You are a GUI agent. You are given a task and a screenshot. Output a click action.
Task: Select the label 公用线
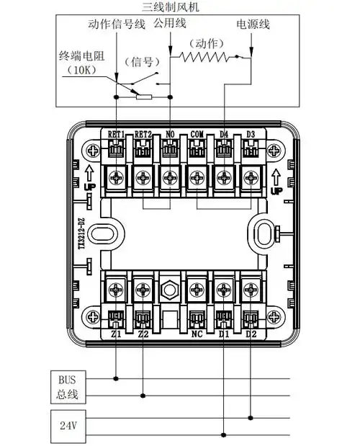click(170, 25)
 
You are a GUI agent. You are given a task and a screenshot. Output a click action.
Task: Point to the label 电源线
click(253, 25)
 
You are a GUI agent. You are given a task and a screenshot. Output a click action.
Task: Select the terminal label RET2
click(143, 134)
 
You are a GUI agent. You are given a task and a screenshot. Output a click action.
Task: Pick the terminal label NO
click(170, 134)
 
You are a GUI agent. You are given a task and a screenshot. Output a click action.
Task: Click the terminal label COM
click(197, 134)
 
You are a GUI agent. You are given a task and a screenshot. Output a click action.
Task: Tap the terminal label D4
click(224, 134)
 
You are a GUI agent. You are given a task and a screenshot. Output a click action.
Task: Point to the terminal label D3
click(251, 134)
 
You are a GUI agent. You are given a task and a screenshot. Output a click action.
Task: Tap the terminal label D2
click(251, 335)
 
